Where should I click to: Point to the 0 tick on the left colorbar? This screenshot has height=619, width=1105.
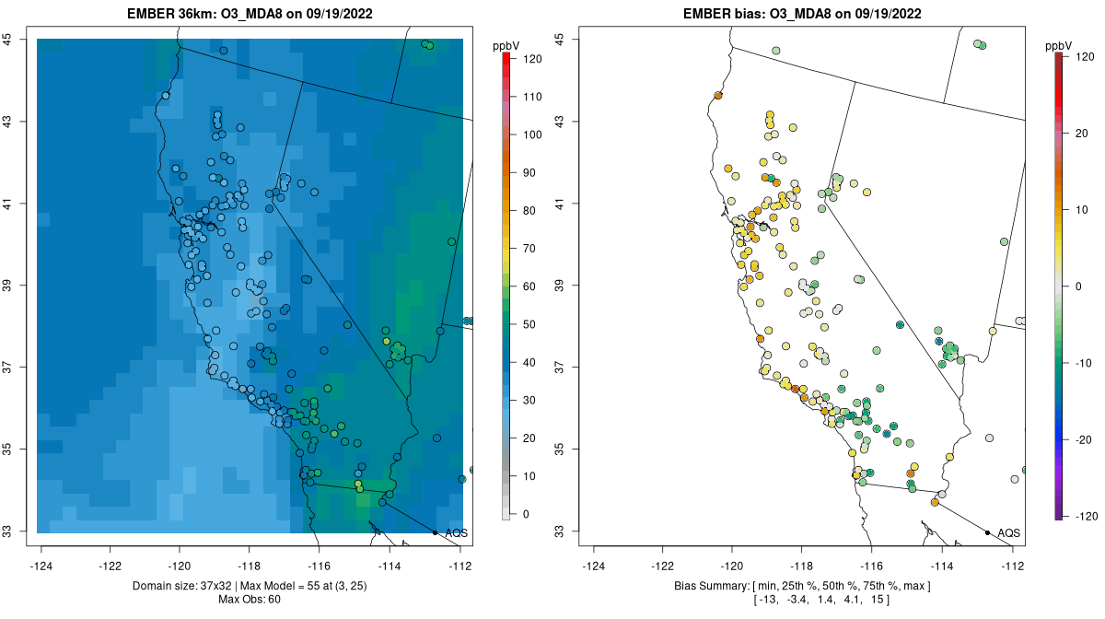coord(525,514)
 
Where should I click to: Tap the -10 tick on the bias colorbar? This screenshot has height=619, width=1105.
coord(1083,362)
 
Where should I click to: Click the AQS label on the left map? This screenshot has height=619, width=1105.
coord(456,533)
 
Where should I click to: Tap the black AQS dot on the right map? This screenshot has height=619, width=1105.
coord(987,532)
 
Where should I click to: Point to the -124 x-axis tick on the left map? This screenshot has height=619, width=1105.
coord(41,566)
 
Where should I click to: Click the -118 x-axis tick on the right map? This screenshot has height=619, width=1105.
coord(802,566)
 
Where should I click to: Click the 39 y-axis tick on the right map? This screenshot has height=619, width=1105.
coord(566,286)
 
